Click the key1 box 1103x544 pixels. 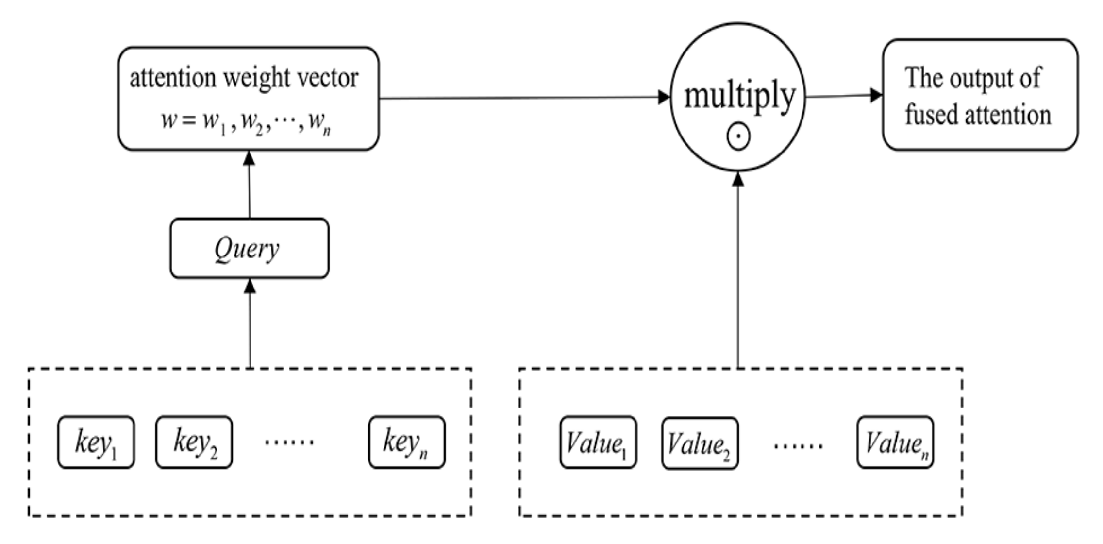point(96,442)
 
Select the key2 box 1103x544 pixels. point(194,442)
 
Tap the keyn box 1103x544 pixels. point(407,442)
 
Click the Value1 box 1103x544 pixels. point(598,442)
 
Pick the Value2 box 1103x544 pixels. point(700,443)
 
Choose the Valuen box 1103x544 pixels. point(895,442)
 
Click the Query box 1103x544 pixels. point(249,248)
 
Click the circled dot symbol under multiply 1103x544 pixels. point(738,136)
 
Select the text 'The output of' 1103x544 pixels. point(972,78)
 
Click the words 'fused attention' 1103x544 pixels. point(978,115)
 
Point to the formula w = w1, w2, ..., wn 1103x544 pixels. point(247,122)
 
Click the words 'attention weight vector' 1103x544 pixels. point(244,78)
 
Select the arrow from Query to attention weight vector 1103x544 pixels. point(249,185)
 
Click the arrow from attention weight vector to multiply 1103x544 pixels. point(524,98)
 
